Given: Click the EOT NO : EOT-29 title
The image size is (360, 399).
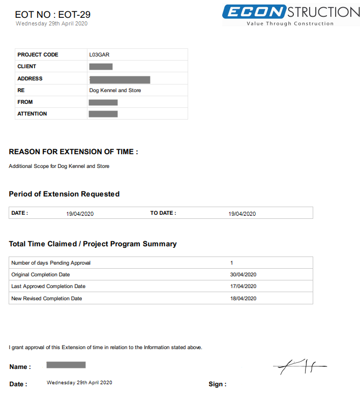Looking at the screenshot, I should (x=53, y=15).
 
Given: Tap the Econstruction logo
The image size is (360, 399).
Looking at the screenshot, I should (x=291, y=15).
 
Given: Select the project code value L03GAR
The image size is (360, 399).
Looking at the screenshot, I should (x=99, y=54).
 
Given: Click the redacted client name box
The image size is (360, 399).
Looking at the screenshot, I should (x=101, y=67).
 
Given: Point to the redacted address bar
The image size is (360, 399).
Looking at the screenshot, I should (x=119, y=79).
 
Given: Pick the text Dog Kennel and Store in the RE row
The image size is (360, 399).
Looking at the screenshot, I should (x=115, y=91).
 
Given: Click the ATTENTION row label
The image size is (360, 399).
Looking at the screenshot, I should (x=32, y=114).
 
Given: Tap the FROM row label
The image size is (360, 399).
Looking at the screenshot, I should (x=25, y=102).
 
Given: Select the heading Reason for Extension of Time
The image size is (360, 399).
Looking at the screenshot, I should (x=73, y=152).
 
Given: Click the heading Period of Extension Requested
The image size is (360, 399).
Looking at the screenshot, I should (x=64, y=194).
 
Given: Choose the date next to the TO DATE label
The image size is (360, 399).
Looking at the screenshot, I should (x=242, y=214).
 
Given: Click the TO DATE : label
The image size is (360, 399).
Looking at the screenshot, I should (x=163, y=213).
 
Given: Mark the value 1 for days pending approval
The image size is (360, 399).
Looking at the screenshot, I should (x=232, y=263).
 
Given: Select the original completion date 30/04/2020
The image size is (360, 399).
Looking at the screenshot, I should (x=243, y=275).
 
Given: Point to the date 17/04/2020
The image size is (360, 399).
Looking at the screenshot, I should (x=243, y=287).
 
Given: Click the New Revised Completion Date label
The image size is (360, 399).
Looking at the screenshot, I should (x=47, y=298).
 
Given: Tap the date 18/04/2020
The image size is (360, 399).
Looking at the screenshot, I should (x=243, y=298).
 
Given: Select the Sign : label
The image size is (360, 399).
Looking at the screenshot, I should (x=217, y=384).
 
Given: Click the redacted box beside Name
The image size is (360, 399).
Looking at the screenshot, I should (x=66, y=365).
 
